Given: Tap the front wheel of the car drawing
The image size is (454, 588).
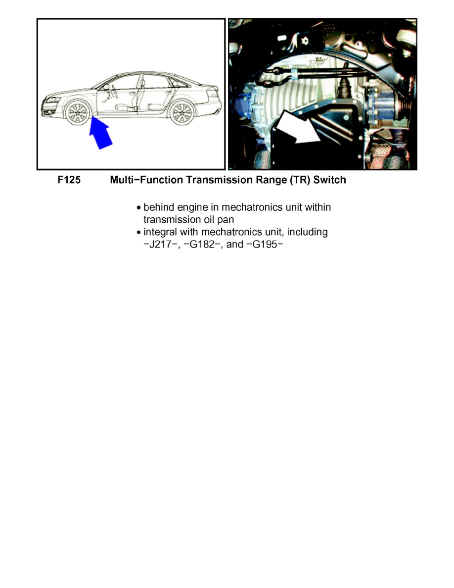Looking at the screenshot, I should (x=78, y=113).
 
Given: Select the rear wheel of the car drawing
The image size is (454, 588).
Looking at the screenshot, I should (x=181, y=113).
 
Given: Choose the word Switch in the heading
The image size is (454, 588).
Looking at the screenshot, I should (x=329, y=180).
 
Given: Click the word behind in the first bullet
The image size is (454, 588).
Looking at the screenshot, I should (x=156, y=207).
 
